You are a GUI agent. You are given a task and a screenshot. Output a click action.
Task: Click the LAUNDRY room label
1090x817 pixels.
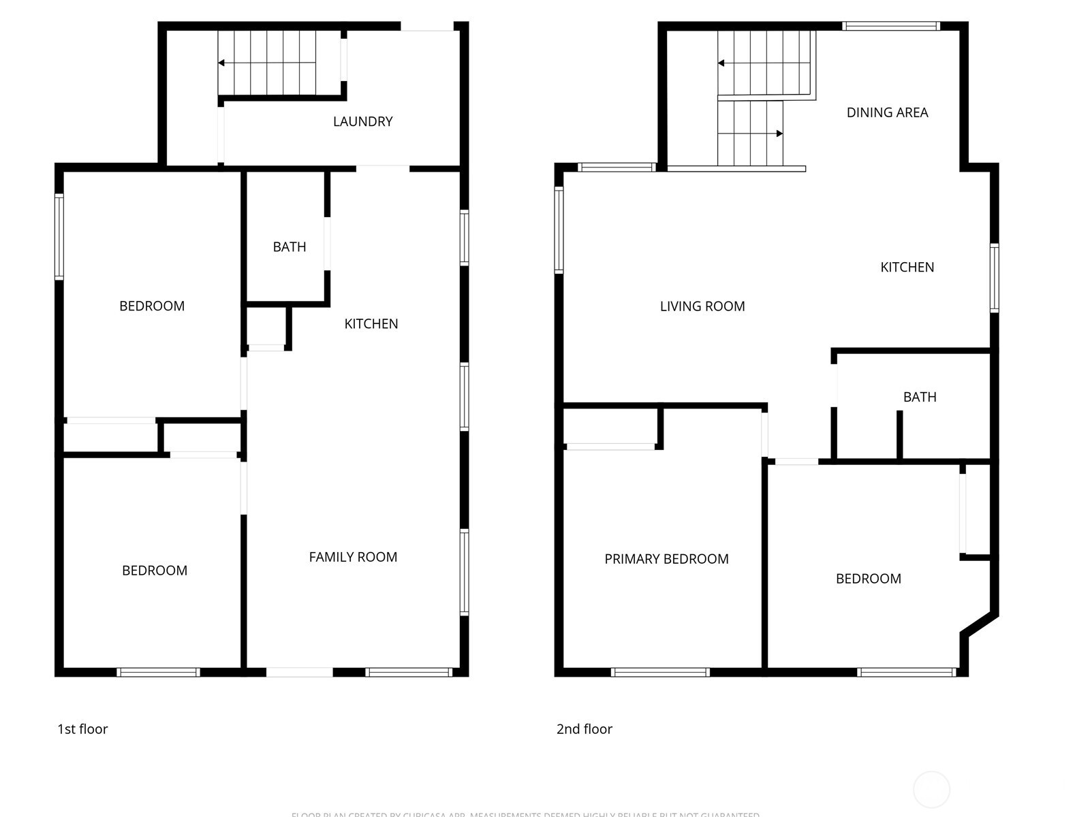362,121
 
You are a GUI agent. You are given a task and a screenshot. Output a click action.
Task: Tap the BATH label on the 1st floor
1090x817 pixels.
290,246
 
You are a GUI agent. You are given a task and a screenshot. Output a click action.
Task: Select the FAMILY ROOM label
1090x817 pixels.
353,557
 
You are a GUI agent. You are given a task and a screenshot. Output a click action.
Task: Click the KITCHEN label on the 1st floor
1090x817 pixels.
371,323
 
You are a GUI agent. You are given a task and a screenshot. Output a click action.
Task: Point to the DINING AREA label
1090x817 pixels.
887,112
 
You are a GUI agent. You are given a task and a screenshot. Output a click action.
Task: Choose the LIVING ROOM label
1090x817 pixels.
702,306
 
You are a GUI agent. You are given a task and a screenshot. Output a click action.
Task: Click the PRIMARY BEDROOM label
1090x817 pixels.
666,559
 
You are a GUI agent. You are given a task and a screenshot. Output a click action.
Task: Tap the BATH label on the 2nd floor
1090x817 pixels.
920,397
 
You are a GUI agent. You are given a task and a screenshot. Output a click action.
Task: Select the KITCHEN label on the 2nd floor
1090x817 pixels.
907,267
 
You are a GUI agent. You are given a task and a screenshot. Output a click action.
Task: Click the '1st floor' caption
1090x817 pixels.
82,729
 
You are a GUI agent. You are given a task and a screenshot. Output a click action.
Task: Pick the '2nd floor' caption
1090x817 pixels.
585,729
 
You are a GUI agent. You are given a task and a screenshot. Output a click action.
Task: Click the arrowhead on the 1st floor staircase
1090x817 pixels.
221,63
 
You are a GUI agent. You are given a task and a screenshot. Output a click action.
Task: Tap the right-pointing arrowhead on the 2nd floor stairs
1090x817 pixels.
779,133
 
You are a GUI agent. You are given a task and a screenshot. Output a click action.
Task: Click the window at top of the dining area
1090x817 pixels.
890,27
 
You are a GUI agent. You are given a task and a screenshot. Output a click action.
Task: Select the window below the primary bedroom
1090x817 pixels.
660,672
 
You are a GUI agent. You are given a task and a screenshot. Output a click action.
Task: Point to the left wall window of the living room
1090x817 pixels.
559,230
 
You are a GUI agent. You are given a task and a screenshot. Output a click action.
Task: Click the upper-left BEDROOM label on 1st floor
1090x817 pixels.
152,306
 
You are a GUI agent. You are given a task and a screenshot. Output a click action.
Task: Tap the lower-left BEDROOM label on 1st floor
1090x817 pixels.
155,571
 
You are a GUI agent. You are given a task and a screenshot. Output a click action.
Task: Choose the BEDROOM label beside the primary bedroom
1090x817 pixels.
869,579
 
